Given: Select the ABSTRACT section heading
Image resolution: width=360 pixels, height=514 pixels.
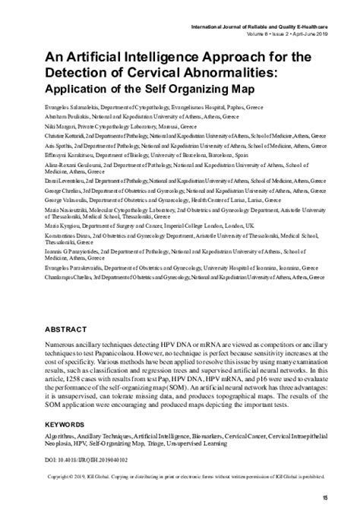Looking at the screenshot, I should click(70, 331).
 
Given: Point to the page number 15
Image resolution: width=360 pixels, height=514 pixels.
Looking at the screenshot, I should click(324, 497).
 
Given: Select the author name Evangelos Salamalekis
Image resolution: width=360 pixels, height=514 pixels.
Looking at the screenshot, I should click(77, 98).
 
